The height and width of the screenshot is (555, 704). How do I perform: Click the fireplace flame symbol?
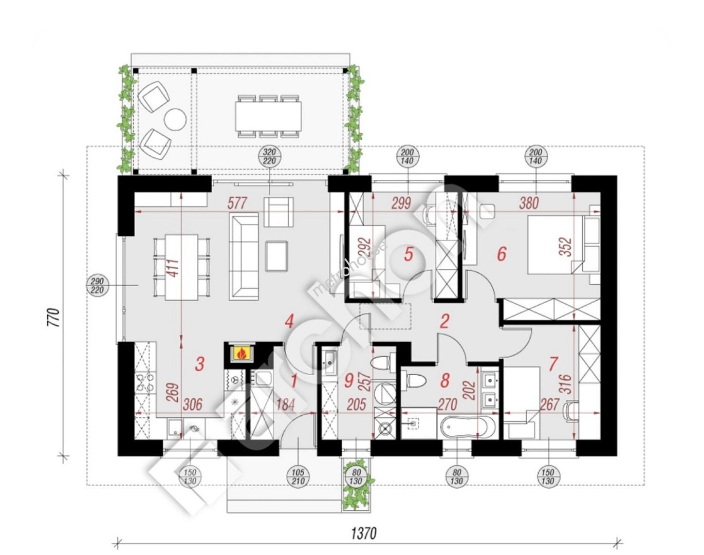[x=242, y=353]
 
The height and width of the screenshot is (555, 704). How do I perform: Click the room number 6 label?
[x=502, y=254]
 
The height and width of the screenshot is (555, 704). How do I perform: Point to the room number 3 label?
[x=200, y=363]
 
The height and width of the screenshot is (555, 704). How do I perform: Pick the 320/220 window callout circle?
[x=270, y=156]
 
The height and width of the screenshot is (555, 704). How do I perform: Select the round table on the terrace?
[x=175, y=119]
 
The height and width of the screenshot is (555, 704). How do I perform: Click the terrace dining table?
[x=268, y=116]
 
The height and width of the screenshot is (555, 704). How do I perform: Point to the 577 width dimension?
[x=237, y=203]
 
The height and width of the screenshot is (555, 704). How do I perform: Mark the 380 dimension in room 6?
[x=529, y=203]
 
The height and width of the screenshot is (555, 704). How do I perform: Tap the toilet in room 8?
[x=414, y=381]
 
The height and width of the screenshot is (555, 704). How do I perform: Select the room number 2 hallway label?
[x=444, y=322]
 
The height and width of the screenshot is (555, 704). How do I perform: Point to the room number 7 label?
[x=553, y=363]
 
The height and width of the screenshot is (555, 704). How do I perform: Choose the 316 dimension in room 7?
[x=567, y=384]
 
